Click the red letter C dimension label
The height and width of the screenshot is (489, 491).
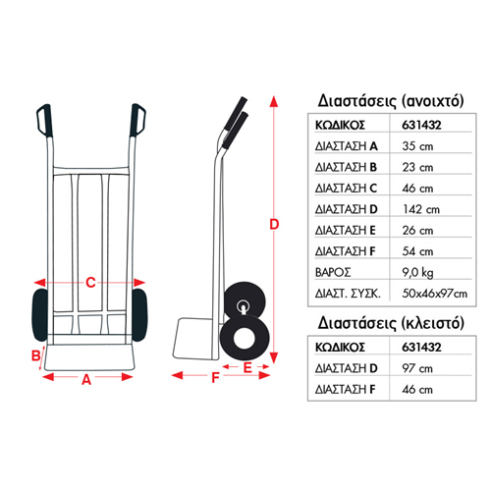pyautogui.click(x=90, y=282)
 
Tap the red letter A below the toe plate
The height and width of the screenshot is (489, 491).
pyautogui.click(x=86, y=380)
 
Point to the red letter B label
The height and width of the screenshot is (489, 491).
pyautogui.click(x=35, y=355)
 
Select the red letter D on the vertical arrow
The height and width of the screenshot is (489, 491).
pyautogui.click(x=274, y=224)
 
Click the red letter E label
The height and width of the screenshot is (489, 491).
pyautogui.click(x=247, y=367)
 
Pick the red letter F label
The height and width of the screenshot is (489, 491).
pyautogui.click(x=215, y=377)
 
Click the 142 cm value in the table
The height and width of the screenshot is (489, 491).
pyautogui.click(x=421, y=209)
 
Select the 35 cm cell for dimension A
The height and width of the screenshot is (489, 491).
pyautogui.click(x=417, y=146)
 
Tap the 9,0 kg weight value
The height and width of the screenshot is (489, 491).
pyautogui.click(x=417, y=273)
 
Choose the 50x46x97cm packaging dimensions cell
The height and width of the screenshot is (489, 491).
pyautogui.click(x=435, y=294)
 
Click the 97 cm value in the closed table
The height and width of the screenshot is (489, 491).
pyautogui.click(x=417, y=368)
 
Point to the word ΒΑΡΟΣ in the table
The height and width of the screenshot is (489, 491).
pyautogui.click(x=333, y=273)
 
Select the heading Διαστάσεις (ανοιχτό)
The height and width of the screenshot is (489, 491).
pyautogui.click(x=391, y=101)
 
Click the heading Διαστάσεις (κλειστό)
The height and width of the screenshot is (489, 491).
pyautogui.click(x=391, y=323)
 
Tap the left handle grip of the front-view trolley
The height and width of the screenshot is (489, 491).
pyautogui.click(x=44, y=121)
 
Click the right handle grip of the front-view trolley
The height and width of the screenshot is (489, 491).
pyautogui.click(x=137, y=120)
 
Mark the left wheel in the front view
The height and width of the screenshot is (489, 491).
pyautogui.click(x=40, y=315)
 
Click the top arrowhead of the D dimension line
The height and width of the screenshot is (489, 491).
pyautogui.click(x=274, y=101)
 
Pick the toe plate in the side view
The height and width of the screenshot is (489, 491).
pyautogui.click(x=193, y=338)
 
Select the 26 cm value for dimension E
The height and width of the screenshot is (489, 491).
pyautogui.click(x=417, y=231)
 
